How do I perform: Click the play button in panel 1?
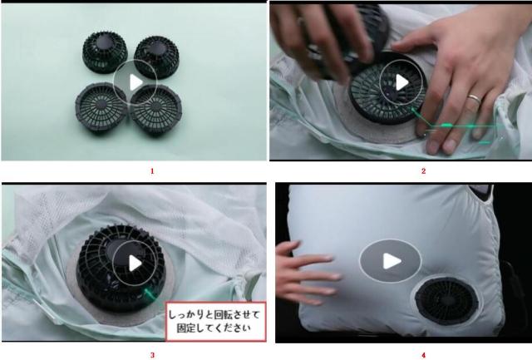coord(135,81)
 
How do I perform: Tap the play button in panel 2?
coord(401,82)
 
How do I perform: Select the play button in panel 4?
coord(391,261)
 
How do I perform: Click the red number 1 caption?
coord(152,171)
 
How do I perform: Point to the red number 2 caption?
coord(423,171)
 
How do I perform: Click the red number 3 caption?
coord(152,355)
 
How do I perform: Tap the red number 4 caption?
coord(423,355)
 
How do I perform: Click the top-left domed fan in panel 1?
coord(105,52)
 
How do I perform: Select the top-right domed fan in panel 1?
coord(157,57)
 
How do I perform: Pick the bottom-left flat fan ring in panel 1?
coord(101,106)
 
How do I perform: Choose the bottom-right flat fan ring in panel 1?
coord(155,109)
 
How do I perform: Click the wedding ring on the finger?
coord(474,99)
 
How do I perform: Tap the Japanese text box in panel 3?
coord(216,321)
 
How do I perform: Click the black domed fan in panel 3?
coord(121,268)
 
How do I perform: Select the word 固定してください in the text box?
coord(214,328)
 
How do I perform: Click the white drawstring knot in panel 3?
coord(240,279)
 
